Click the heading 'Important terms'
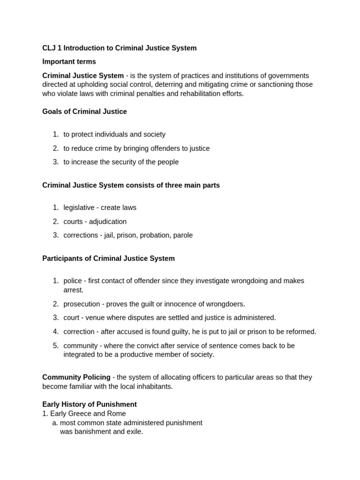coord(69,61)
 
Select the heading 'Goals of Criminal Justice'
coord(84,112)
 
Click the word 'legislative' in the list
coord(79,208)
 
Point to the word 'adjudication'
coord(107,222)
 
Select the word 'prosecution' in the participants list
coord(82,304)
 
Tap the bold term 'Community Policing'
coord(76,377)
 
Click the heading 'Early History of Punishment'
coord(90,404)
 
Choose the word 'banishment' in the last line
coord(91,432)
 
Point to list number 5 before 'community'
coord(55,345)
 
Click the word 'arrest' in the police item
coord(72,290)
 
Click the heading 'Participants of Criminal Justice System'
coord(108,258)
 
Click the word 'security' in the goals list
coord(120,162)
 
